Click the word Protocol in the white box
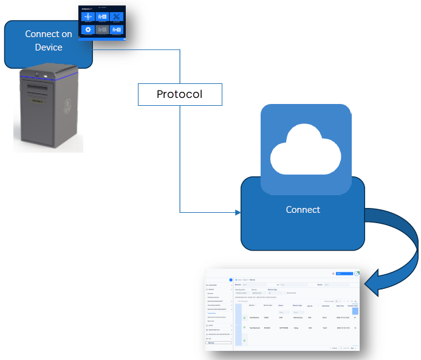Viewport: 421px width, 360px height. pos(179,94)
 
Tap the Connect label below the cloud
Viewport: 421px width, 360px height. pos(303,209)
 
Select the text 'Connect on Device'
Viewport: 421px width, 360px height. pos(49,40)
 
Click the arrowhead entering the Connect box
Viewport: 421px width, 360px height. pos(237,212)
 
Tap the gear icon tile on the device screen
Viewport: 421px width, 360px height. pos(89,29)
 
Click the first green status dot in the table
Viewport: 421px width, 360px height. pos(245,318)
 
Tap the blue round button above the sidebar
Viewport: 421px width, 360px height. pos(231,279)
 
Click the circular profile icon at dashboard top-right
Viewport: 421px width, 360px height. pos(357,274)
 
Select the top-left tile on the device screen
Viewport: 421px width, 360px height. pos(89,17)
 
